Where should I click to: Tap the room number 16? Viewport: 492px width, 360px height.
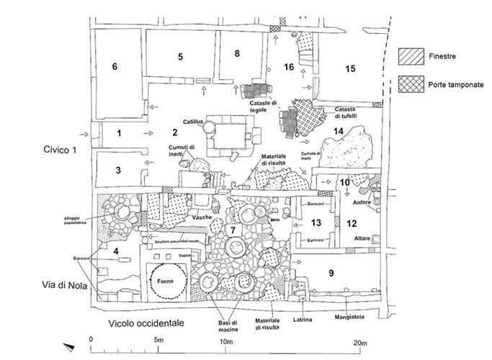289,67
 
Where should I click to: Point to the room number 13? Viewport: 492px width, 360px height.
316,222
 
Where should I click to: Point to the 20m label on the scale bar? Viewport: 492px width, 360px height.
359,340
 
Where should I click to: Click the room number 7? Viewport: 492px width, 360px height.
231,230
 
